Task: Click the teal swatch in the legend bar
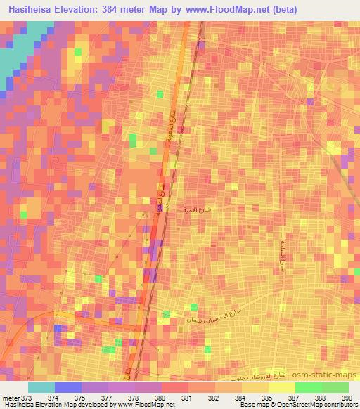click(x=41, y=387)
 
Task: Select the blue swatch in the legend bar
click(x=67, y=387)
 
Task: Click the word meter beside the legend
click(x=12, y=397)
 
